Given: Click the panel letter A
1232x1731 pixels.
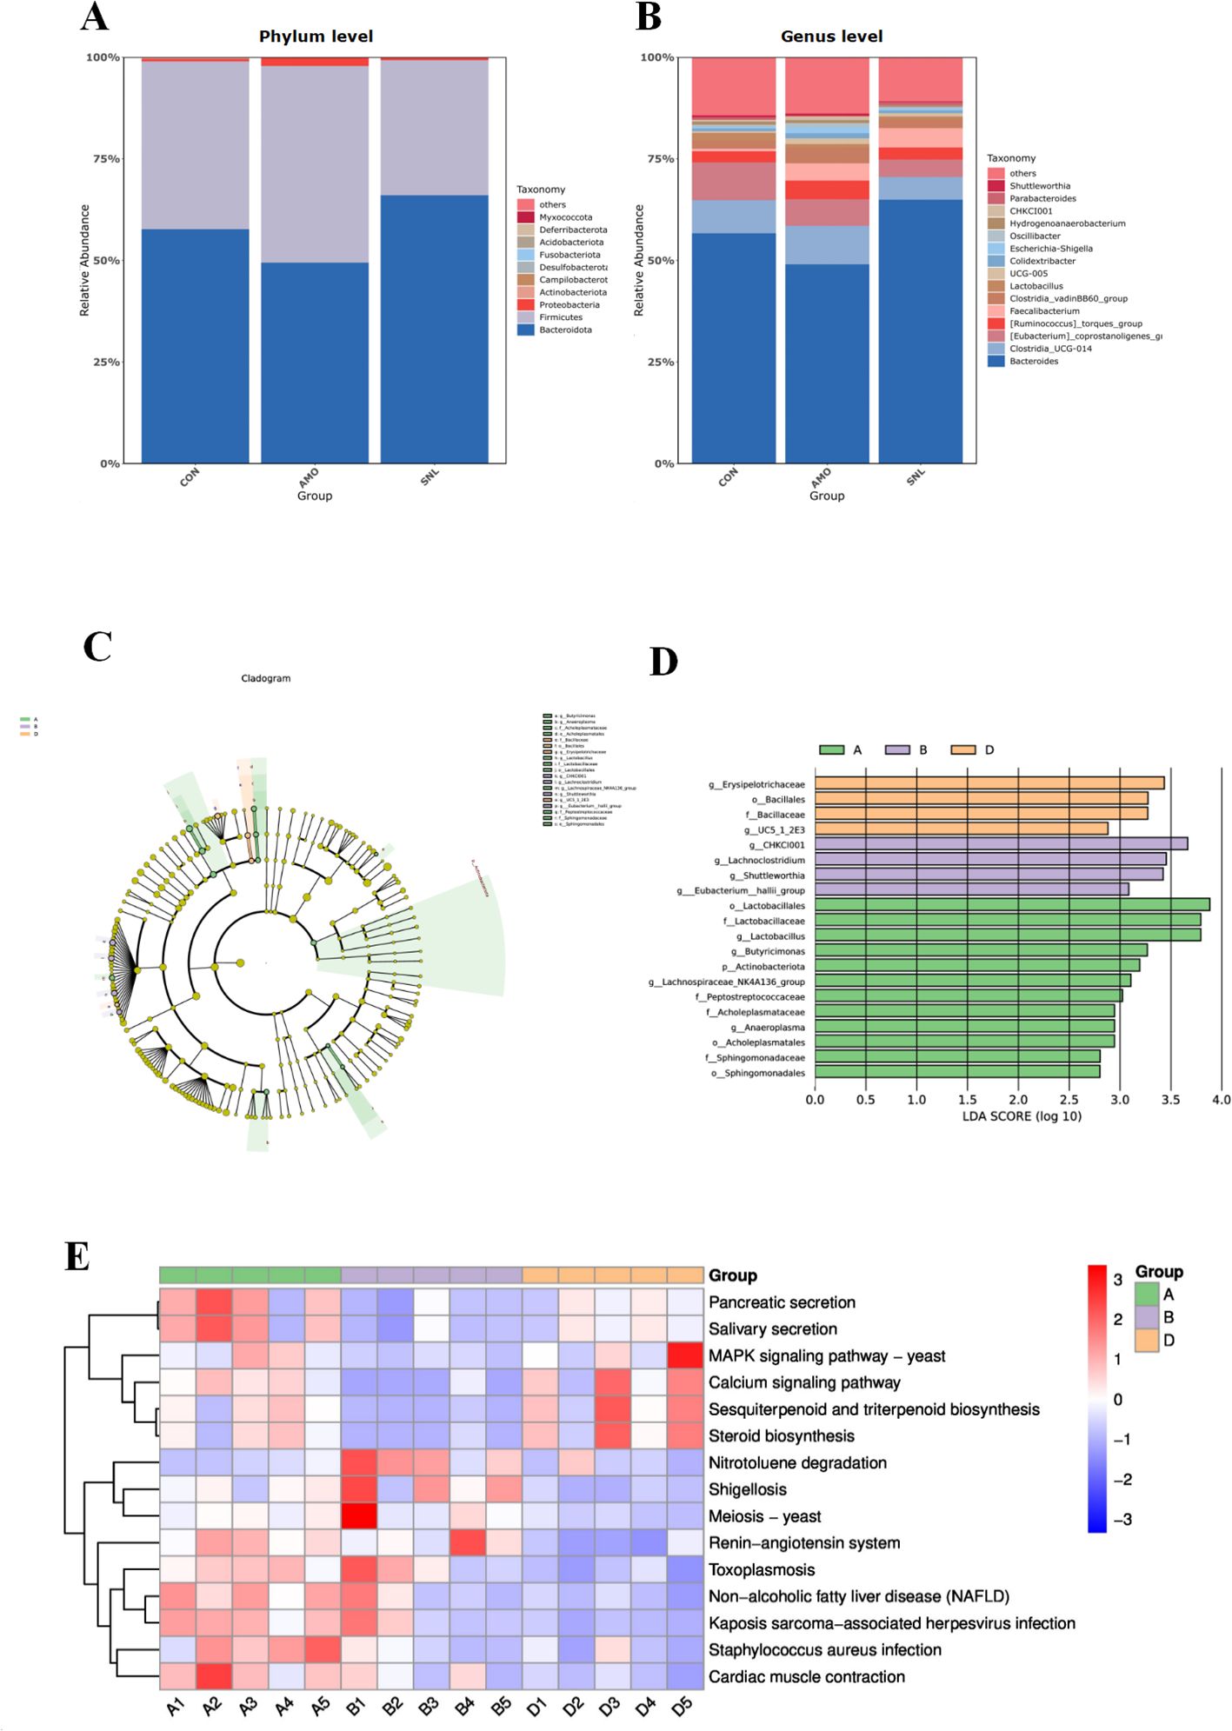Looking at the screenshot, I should (95, 17).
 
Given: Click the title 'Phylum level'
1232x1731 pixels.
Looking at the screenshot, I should (316, 37).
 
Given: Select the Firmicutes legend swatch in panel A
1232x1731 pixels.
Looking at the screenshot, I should (525, 317).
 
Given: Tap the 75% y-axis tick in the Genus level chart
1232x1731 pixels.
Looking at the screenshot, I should (656, 159).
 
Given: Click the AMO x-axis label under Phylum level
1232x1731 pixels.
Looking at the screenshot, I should (309, 478).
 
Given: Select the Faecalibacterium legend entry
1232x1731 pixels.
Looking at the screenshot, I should (1043, 310).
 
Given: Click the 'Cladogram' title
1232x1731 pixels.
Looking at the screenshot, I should (266, 678).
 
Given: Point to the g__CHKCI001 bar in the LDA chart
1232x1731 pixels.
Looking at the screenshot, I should (1001, 844).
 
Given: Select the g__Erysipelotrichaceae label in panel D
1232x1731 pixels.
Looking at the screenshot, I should (756, 784).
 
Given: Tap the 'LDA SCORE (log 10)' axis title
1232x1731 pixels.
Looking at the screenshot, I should (1022, 1116).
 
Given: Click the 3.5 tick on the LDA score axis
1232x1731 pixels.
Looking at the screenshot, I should (1170, 1100).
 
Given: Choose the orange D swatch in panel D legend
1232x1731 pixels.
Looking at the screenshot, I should (963, 749).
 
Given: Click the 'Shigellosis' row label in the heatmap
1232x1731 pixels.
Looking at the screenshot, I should (747, 1489).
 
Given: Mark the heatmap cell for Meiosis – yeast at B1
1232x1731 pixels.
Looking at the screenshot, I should (359, 1516).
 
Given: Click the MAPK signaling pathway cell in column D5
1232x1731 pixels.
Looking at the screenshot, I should (685, 1355).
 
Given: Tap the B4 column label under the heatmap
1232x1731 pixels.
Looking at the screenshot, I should (465, 1706).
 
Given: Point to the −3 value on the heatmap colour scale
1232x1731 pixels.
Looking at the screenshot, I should (1122, 1520).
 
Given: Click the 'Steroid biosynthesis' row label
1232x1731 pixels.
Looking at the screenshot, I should (781, 1436).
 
